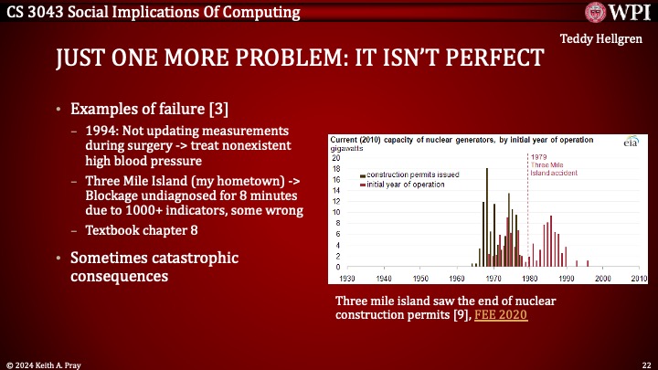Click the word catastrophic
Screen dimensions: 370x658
coord(195,257)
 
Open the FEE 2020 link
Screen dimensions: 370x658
coord(501,315)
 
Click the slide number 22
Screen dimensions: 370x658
coord(644,363)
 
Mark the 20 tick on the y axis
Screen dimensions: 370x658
coord(334,157)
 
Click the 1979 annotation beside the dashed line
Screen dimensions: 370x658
coord(538,156)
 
